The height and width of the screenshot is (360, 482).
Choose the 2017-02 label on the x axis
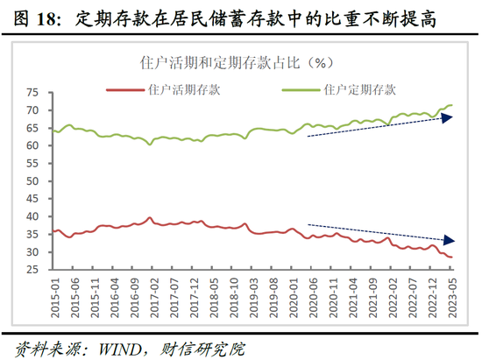(x=151, y=296)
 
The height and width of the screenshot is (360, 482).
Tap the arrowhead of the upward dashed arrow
(x=447, y=117)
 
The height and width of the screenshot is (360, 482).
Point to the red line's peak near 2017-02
(x=150, y=217)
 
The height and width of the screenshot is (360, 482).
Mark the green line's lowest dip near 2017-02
(x=150, y=144)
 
